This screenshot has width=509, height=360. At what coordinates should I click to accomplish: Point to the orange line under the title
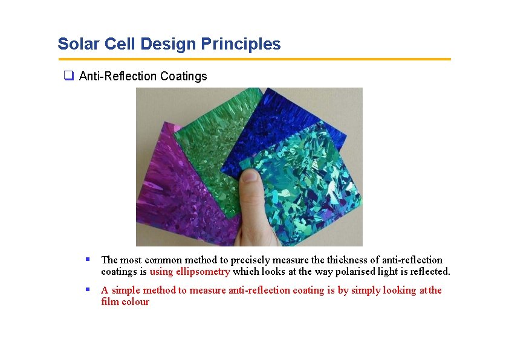click(x=254, y=59)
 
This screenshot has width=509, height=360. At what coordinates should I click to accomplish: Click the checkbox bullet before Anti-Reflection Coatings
click(x=69, y=76)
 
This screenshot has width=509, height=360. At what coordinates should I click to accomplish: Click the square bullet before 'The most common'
click(x=88, y=259)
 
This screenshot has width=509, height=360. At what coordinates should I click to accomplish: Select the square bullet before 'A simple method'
click(x=88, y=289)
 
